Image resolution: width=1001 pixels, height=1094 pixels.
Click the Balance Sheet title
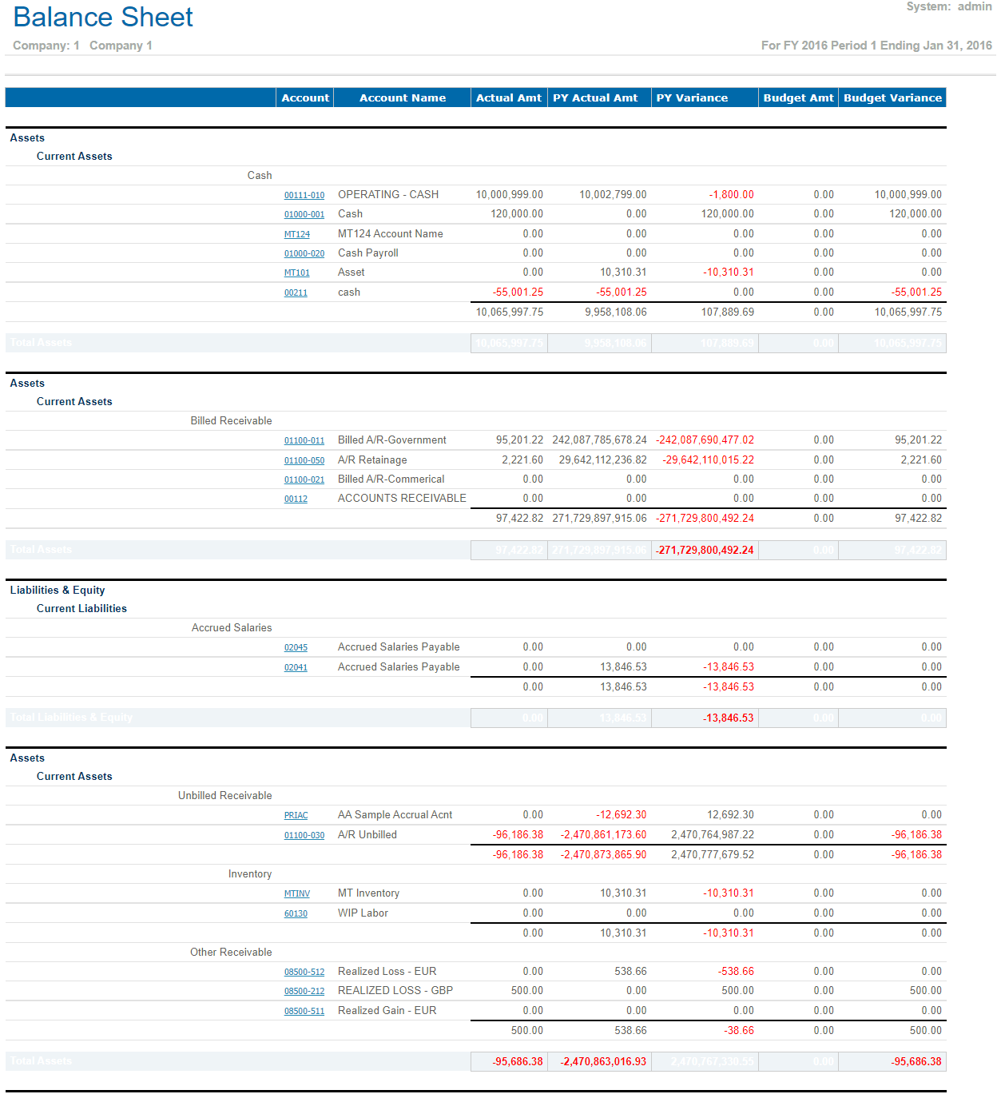point(103,18)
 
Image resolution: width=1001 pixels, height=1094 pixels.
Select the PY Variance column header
point(692,97)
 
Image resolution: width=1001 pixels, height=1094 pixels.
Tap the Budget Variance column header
point(892,97)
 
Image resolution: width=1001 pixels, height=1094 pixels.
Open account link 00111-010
point(304,195)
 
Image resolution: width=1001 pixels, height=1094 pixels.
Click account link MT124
point(297,234)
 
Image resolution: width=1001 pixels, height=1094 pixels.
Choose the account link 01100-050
point(304,460)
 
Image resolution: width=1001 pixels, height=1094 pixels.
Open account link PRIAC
point(296,815)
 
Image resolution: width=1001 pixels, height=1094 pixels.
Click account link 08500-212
point(304,991)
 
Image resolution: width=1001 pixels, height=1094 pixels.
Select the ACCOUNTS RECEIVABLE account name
point(402,498)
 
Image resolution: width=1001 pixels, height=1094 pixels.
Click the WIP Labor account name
point(363,913)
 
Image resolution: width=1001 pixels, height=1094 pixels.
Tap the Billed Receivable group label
point(231,420)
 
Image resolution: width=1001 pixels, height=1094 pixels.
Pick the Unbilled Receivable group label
point(224,795)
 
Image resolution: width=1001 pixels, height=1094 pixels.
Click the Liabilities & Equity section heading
point(58,590)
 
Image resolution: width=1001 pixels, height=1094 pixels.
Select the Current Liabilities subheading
point(81,608)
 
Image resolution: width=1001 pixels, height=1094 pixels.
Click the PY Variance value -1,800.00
point(731,194)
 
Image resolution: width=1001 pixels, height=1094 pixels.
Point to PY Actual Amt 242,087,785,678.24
point(599,440)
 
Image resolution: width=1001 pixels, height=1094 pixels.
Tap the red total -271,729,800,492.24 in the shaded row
point(705,550)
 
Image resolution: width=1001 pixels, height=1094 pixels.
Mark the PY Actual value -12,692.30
point(621,814)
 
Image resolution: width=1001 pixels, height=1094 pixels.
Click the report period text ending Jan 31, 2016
point(876,46)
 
